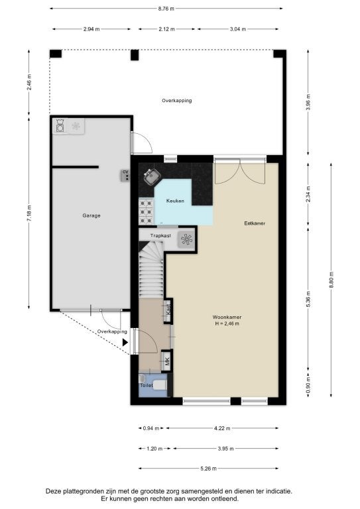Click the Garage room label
tap(91, 215)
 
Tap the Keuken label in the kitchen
tap(175, 201)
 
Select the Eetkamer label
tap(255, 223)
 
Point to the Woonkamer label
tap(227, 317)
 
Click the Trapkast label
tap(160, 236)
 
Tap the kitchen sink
tap(152, 176)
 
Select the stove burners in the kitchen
tap(146, 211)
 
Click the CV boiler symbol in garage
tap(125, 175)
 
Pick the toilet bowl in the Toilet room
tap(159, 385)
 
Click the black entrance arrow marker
tap(125, 342)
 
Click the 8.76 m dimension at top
tap(166, 9)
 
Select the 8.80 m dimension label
tap(331, 280)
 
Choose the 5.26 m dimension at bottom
tap(208, 469)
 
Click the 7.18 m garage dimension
tap(29, 213)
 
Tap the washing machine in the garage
tap(60, 126)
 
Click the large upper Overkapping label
tap(177, 101)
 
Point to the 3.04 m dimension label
tap(237, 29)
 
